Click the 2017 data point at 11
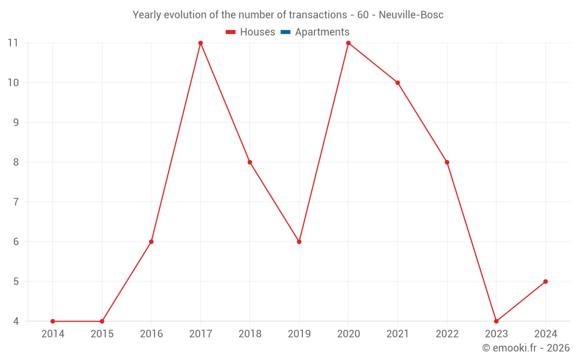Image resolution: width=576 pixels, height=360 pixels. coord(200,43)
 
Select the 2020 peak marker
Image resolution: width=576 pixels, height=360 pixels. coord(348,43)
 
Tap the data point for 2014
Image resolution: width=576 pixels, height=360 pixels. coord(52,321)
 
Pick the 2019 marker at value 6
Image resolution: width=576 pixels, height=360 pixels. coord(299,242)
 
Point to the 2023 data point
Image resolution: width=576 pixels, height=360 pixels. coord(497,321)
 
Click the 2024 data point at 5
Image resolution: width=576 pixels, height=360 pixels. coord(545,282)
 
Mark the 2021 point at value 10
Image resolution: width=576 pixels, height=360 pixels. coord(397,82)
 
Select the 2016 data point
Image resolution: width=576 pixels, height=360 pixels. coord(151,242)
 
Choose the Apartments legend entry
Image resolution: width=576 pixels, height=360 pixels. coord(322,32)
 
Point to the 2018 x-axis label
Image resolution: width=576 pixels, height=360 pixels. coord(250,334)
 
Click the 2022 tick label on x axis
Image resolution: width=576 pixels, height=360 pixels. coord(447,334)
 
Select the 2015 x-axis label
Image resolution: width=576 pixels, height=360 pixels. coord(102,334)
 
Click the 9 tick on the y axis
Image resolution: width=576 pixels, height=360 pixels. coord(16,122)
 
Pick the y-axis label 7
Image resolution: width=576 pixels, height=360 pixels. coord(16,202)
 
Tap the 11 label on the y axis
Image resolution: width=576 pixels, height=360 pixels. coord(13,43)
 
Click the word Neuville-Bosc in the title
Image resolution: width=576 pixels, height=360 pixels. coord(411,15)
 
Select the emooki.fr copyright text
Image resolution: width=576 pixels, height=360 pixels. coord(526,348)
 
